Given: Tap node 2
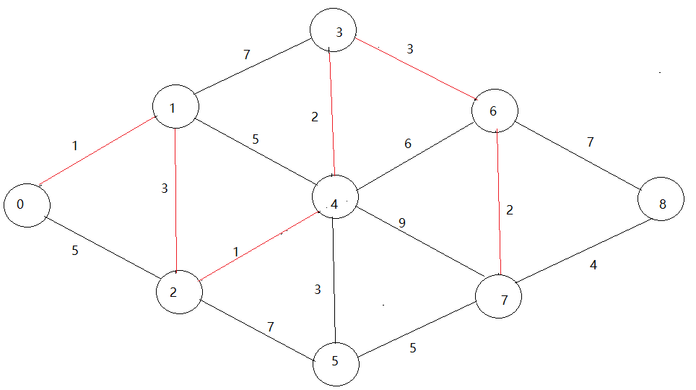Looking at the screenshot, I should [179, 291].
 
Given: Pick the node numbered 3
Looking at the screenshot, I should [334, 31].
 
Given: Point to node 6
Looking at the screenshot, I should [495, 112].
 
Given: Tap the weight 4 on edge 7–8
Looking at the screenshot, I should [593, 264].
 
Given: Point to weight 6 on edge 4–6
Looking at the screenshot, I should [408, 144].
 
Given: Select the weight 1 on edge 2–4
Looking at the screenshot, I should [235, 251].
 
